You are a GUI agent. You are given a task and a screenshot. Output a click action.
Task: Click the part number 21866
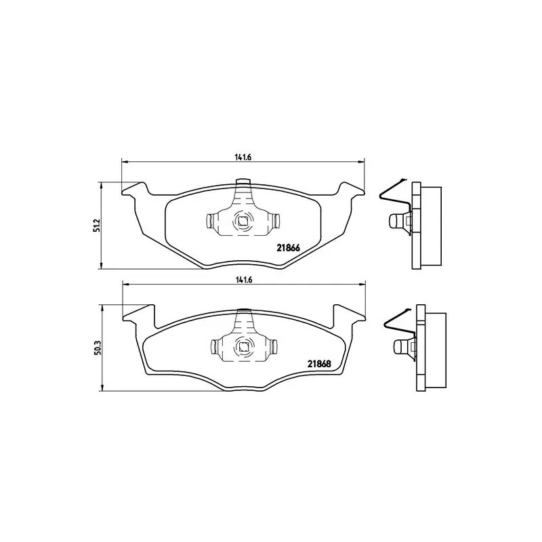289,247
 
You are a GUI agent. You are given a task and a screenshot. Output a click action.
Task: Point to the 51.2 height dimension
97,225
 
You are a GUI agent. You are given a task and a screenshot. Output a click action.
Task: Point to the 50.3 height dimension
97,348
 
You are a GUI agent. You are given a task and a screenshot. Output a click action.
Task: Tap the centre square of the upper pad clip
243,220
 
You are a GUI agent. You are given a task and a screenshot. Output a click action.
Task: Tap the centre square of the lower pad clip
243,346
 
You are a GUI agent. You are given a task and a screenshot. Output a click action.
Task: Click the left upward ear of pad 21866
135,188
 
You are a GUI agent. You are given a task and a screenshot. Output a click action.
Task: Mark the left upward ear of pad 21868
141,313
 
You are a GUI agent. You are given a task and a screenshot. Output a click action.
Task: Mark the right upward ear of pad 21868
345,313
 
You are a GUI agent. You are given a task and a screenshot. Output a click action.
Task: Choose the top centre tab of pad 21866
243,182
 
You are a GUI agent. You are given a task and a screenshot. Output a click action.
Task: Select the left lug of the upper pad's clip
211,220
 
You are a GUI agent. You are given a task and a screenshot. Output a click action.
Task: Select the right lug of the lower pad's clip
274,346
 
